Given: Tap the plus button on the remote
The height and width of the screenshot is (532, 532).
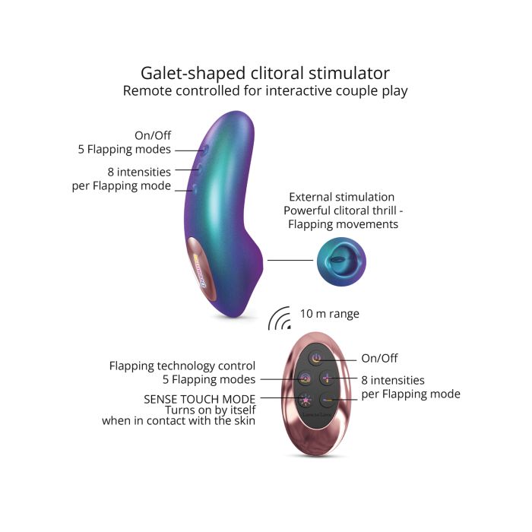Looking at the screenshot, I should point(328,378).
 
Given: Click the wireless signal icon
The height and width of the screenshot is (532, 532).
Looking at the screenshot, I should point(280,319).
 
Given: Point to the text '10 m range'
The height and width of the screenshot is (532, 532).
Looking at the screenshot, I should point(329,313).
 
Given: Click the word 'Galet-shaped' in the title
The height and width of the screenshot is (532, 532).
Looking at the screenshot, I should point(192,73).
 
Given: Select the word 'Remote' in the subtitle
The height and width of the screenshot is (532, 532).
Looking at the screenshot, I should point(151,91).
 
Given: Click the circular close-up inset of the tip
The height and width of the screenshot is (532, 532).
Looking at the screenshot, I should point(341,261).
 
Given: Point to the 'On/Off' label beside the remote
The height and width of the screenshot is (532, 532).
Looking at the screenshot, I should point(379,358).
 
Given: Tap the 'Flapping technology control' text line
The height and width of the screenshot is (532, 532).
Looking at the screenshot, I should point(182,366).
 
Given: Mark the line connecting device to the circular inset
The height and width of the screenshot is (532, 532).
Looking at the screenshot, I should point(290,261).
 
